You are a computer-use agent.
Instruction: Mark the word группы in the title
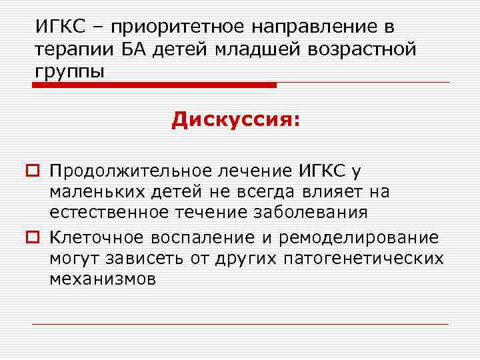click(x=70, y=71)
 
